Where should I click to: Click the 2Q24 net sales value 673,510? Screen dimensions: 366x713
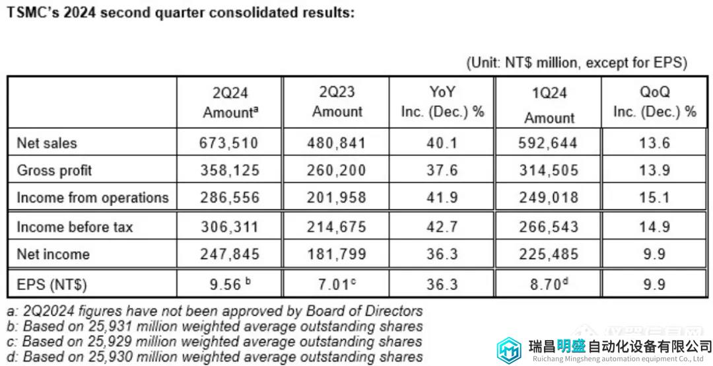(x=229, y=143)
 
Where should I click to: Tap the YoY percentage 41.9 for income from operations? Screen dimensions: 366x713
(x=442, y=198)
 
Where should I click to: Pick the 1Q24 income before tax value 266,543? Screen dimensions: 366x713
(x=549, y=227)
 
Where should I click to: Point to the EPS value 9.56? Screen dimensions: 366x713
(x=225, y=285)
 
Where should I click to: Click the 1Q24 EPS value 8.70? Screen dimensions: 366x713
(x=545, y=285)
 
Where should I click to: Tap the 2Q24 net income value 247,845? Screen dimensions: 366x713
(x=229, y=254)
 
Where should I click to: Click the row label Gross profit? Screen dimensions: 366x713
(x=54, y=170)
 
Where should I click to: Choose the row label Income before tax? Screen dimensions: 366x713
(x=75, y=227)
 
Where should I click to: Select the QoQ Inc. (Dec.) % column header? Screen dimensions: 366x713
(x=654, y=102)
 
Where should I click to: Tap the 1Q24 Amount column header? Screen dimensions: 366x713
(x=549, y=105)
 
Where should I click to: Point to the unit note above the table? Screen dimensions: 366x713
(x=576, y=63)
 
